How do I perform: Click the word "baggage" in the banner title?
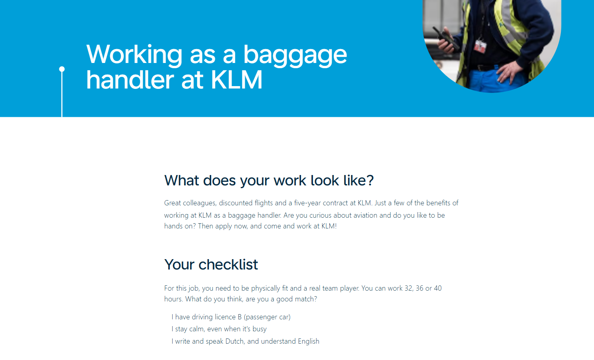click(x=295, y=55)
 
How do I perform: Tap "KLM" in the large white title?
click(x=236, y=80)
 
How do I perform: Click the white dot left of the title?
click(x=62, y=69)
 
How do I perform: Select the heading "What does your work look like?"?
click(x=269, y=181)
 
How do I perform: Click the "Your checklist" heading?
click(x=211, y=265)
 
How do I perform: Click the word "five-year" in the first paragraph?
click(x=307, y=203)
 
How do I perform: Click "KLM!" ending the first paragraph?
click(x=329, y=226)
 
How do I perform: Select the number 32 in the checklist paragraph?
click(x=409, y=288)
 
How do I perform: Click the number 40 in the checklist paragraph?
click(x=438, y=288)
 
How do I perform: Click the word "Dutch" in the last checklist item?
click(x=234, y=341)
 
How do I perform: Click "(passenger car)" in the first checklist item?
click(x=267, y=317)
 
